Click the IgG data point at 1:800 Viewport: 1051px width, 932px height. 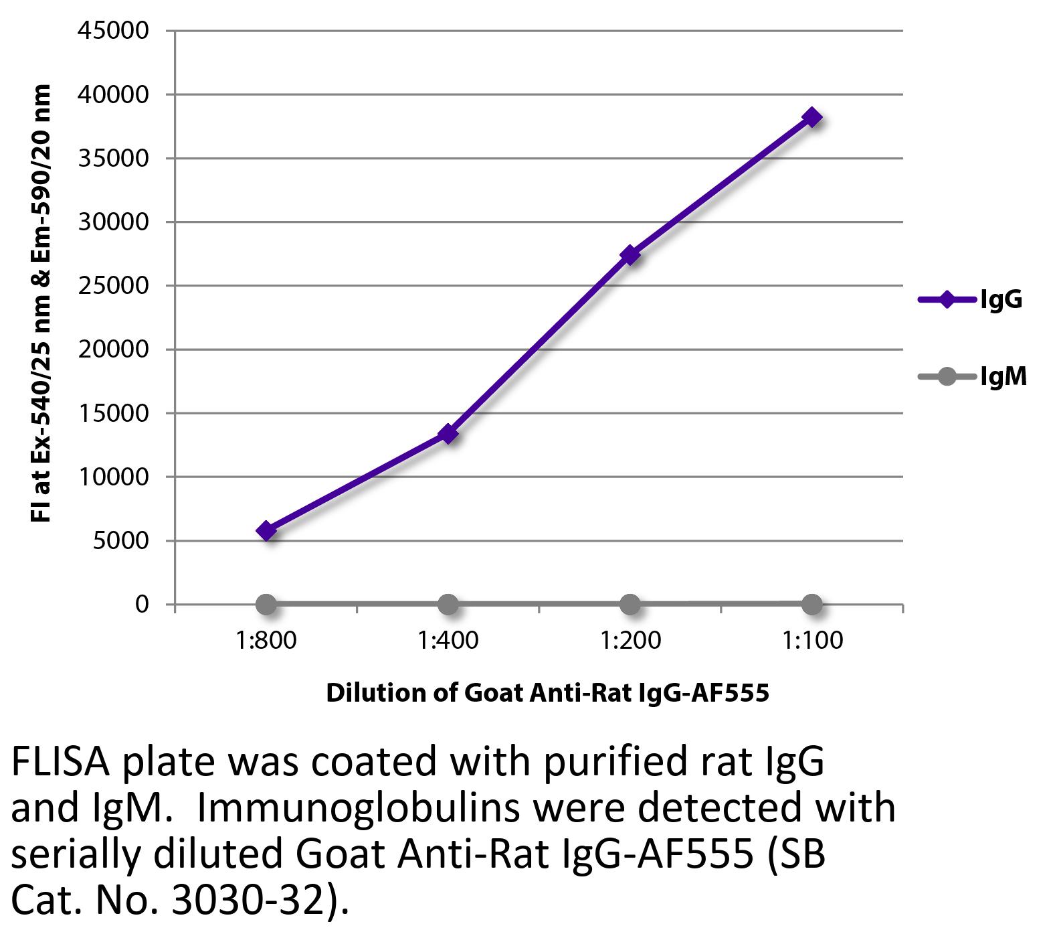click(266, 531)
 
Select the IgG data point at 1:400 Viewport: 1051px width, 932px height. click(448, 434)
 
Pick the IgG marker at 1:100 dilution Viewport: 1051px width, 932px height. click(812, 117)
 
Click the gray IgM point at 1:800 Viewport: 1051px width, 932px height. click(266, 605)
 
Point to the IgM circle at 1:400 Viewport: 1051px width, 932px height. click(448, 605)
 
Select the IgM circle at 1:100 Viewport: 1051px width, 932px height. click(812, 604)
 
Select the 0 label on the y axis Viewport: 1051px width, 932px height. click(141, 604)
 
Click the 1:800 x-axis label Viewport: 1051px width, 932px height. click(266, 641)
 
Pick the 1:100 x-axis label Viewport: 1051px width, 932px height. click(812, 641)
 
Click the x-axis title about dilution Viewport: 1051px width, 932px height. click(547, 692)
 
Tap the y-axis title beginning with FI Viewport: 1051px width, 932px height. click(41, 303)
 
